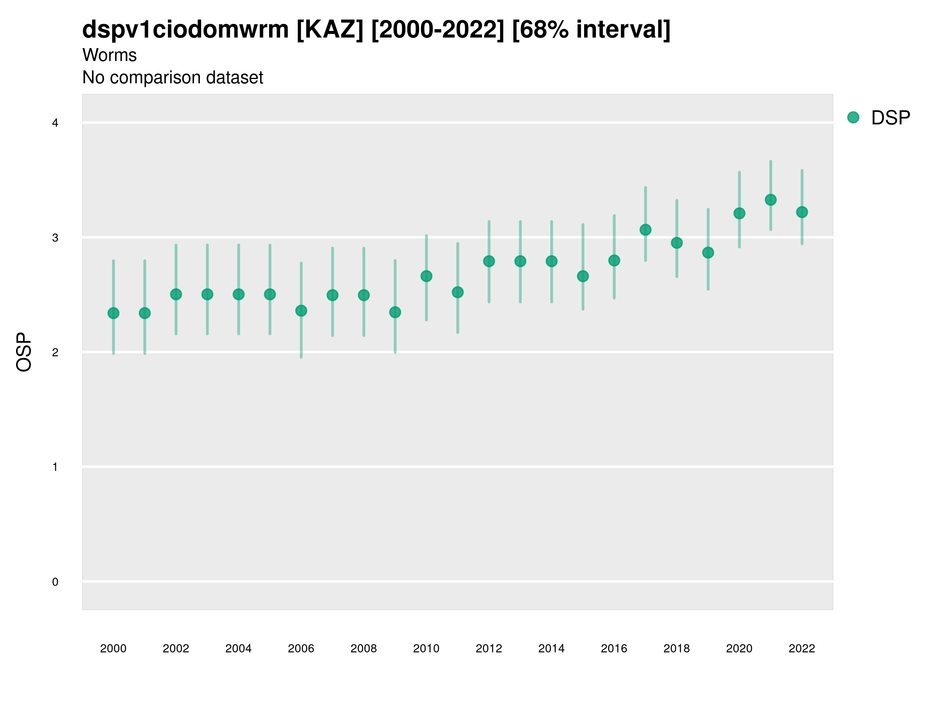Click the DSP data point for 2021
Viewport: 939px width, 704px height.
[770, 200]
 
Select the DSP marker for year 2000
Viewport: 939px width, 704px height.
[113, 313]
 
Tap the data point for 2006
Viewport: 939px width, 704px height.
[301, 311]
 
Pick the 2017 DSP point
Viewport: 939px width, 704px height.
[645, 230]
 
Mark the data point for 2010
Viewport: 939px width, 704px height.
[426, 276]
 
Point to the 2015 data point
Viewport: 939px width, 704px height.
[583, 276]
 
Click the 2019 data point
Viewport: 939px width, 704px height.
[708, 253]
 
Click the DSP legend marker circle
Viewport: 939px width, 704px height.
[853, 118]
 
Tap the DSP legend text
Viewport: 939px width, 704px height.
[890, 118]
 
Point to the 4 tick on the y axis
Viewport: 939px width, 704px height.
[55, 123]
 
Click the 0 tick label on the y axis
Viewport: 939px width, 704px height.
[55, 582]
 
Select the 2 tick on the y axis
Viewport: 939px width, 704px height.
[55, 352]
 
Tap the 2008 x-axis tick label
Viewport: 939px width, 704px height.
[364, 648]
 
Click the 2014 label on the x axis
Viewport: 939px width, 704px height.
[551, 648]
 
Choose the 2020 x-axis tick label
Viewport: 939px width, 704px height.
[739, 648]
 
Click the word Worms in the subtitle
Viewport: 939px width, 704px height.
[110, 55]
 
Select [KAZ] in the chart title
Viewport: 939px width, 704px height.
[330, 30]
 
